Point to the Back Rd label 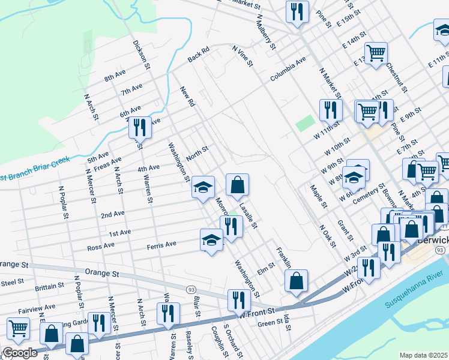click(198, 55)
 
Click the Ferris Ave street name click(161, 245)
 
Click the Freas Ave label click(107, 163)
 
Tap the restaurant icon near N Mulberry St click(297, 11)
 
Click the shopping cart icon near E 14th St click(376, 52)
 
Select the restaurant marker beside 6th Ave click(139, 127)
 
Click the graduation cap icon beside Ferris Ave click(211, 240)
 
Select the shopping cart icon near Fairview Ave click(19, 328)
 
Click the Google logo click(20, 353)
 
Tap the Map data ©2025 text click(423, 355)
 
